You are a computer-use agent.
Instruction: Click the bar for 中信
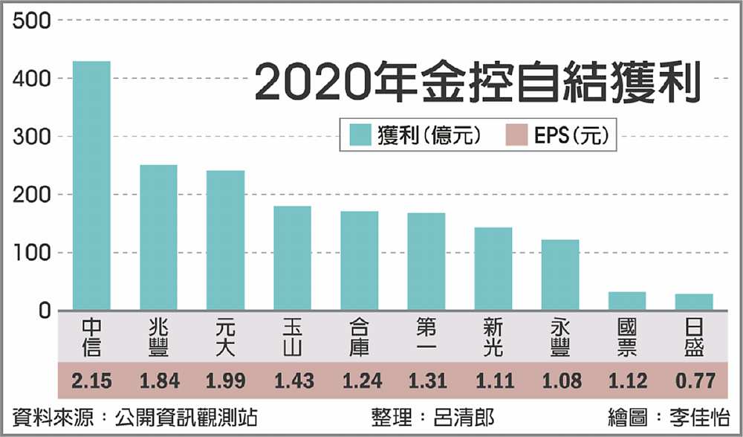point(91,186)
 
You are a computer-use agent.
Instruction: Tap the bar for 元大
point(225,241)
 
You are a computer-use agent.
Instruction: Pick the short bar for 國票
point(627,301)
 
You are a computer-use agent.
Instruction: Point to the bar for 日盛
point(694,302)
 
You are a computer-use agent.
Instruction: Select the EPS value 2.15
point(91,381)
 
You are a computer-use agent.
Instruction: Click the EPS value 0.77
point(694,381)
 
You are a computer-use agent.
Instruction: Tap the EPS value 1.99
point(225,381)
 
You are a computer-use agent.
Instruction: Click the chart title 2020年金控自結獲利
point(477,83)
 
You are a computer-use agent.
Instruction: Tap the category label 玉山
point(292,337)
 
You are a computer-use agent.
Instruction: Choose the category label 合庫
point(360,337)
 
